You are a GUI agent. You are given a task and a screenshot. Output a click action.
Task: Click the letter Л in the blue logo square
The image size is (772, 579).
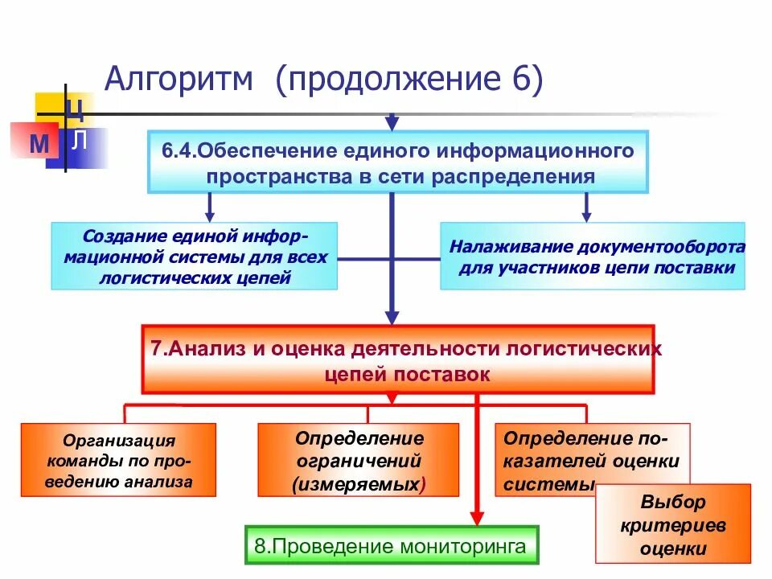click(79, 142)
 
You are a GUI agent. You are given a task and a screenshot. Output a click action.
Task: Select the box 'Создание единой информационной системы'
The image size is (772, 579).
click(194, 257)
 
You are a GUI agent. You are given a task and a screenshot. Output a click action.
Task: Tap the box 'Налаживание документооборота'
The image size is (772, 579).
click(593, 257)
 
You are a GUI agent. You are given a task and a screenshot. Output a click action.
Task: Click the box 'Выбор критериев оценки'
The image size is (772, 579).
click(672, 524)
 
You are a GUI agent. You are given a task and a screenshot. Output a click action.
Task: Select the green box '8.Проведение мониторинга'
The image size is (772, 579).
click(392, 547)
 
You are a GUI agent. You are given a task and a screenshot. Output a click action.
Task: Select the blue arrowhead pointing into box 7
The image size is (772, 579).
click(392, 317)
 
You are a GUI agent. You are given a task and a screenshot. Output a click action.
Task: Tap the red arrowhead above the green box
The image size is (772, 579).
click(476, 519)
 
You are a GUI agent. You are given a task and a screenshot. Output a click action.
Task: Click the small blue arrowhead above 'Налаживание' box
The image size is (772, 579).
click(586, 215)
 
